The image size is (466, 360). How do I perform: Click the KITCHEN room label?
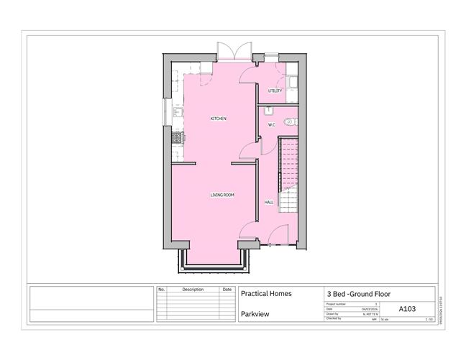pyautogui.click(x=219, y=118)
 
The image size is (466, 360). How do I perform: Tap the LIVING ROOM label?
pyautogui.click(x=222, y=195)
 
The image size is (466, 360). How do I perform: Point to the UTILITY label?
pyautogui.click(x=275, y=91)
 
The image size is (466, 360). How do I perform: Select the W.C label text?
pyautogui.click(x=272, y=125)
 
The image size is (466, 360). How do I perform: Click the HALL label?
pyautogui.click(x=269, y=203)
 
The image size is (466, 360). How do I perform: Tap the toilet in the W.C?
pyautogui.click(x=290, y=122)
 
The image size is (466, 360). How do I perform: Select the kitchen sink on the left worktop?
pyautogui.click(x=177, y=112)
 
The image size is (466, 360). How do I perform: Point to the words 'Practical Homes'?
pyautogui.click(x=265, y=294)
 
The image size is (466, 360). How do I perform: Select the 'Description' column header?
pyautogui.click(x=193, y=290)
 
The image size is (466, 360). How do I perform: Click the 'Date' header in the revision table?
pyautogui.click(x=227, y=290)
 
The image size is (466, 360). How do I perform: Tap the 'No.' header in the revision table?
pyautogui.click(x=161, y=290)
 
